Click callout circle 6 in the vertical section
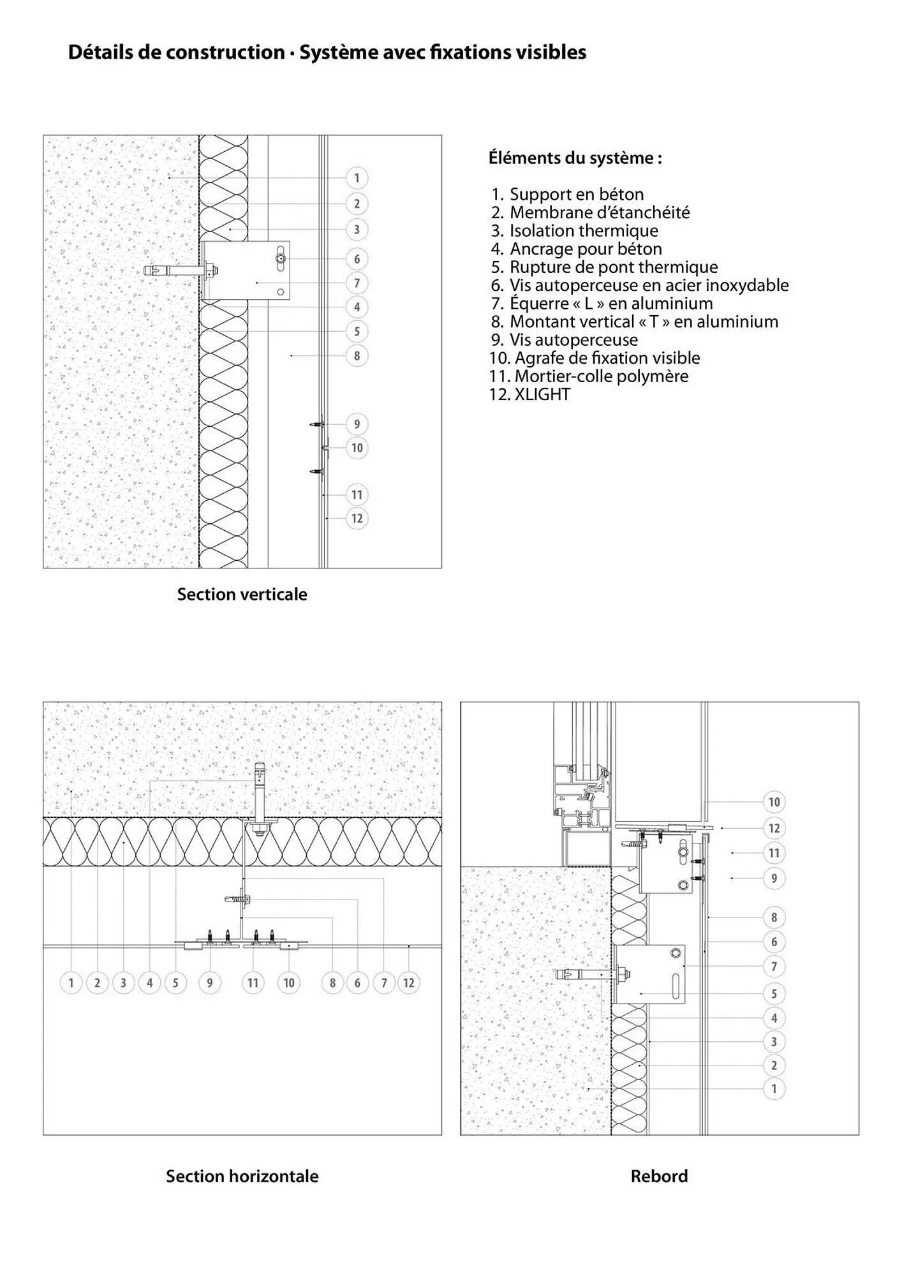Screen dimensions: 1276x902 click(357, 259)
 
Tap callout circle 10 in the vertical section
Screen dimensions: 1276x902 click(357, 448)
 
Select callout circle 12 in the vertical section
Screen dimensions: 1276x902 click(357, 519)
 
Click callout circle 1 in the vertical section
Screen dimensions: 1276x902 click(357, 178)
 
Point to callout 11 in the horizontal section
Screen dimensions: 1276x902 click(253, 983)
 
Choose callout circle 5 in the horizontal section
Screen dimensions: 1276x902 click(175, 983)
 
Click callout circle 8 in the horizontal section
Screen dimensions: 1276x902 click(332, 983)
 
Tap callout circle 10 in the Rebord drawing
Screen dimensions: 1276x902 click(774, 802)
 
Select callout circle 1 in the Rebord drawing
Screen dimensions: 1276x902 click(774, 1089)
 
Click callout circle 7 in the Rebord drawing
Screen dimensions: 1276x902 click(774, 967)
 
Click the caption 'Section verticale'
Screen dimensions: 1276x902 click(242, 595)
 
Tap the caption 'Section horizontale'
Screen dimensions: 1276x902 click(242, 1176)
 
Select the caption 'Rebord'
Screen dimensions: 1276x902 click(659, 1176)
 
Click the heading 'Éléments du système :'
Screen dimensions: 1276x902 click(575, 158)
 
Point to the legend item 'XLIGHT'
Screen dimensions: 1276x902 click(542, 394)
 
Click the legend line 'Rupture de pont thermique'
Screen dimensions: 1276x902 click(613, 267)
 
